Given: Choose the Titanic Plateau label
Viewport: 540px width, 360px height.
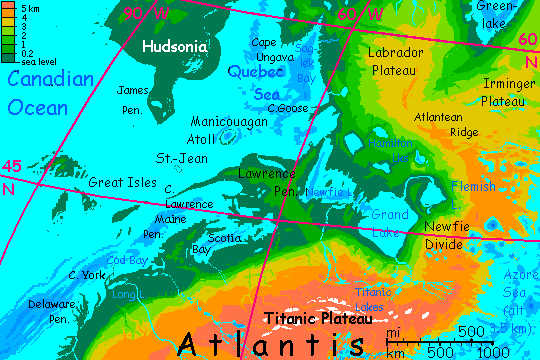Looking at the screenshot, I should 318,319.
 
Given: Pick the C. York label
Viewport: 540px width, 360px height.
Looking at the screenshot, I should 86,274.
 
